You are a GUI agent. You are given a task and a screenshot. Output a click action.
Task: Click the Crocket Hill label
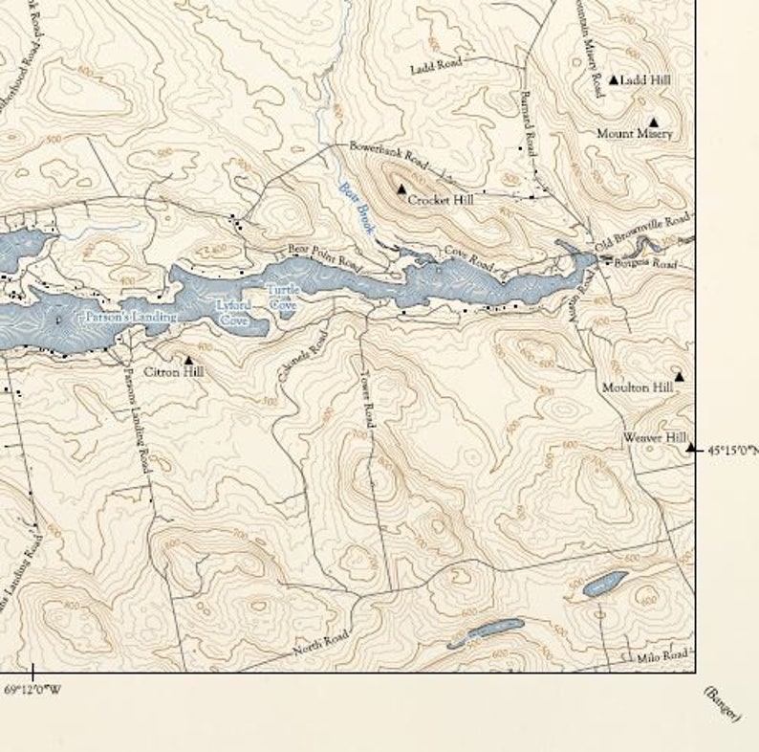(x=440, y=201)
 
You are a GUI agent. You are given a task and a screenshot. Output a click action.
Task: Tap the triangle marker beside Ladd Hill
(x=614, y=79)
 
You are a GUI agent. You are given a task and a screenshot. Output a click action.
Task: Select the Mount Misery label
(x=634, y=134)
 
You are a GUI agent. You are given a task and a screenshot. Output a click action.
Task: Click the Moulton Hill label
(x=637, y=387)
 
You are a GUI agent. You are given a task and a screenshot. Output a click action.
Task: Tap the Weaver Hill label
(x=655, y=437)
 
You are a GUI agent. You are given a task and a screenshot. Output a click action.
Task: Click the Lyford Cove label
(x=233, y=314)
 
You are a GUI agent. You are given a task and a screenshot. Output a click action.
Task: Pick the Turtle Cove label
(x=283, y=297)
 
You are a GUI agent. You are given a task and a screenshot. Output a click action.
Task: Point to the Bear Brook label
(x=353, y=203)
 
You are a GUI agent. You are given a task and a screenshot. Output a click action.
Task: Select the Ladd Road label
(x=436, y=66)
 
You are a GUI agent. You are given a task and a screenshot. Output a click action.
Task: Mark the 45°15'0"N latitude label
(x=732, y=448)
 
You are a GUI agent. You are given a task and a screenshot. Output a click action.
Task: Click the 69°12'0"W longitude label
(x=33, y=689)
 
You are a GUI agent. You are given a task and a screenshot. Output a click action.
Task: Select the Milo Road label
(x=662, y=655)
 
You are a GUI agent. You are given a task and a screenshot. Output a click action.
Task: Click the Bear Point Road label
(x=324, y=255)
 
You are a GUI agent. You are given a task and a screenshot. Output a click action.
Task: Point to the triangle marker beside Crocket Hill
(x=401, y=189)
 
